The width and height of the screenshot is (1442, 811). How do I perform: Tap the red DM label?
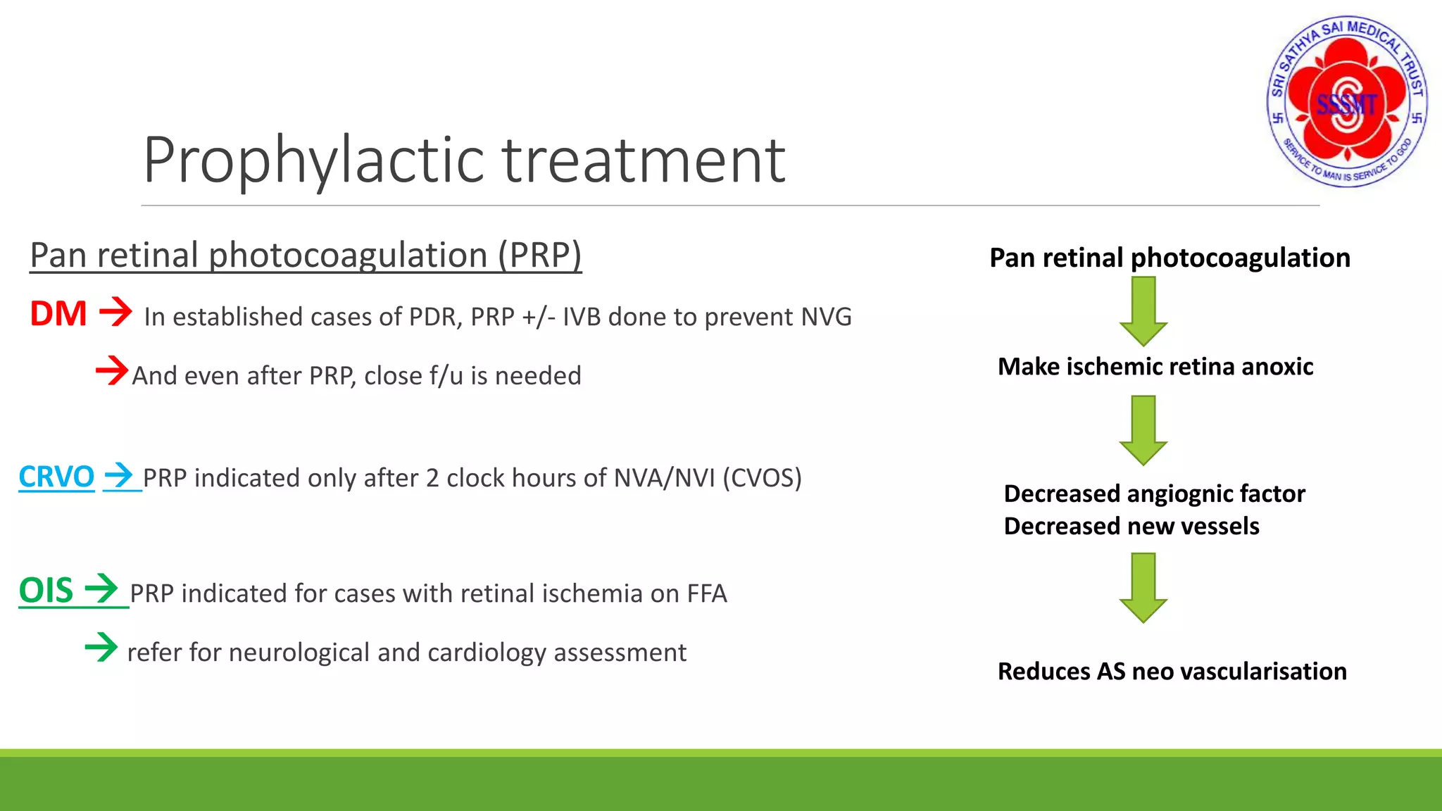pyautogui.click(x=58, y=314)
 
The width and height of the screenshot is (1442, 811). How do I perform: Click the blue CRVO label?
pyautogui.click(x=56, y=477)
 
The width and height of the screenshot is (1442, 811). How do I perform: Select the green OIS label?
pyautogui.click(x=46, y=590)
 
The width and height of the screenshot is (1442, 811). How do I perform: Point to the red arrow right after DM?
pyautogui.click(x=115, y=311)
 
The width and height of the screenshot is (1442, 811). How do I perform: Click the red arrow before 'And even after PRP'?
pyautogui.click(x=112, y=370)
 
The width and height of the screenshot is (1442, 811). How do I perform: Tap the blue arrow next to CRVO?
pyautogui.click(x=118, y=475)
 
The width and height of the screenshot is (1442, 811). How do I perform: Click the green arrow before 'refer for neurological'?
pyautogui.click(x=101, y=646)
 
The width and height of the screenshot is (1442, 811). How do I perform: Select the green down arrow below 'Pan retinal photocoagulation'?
pyautogui.click(x=1143, y=310)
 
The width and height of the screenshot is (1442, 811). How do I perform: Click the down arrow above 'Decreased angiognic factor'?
pyautogui.click(x=1143, y=429)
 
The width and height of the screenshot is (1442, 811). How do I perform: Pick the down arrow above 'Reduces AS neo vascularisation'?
pyautogui.click(x=1143, y=587)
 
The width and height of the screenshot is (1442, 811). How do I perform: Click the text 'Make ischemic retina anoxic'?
pyautogui.click(x=1155, y=367)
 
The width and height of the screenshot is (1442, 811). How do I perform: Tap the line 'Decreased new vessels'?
pyautogui.click(x=1131, y=527)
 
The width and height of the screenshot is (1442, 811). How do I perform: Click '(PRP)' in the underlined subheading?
pyautogui.click(x=540, y=256)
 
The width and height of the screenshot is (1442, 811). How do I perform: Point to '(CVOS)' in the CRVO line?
pyautogui.click(x=762, y=478)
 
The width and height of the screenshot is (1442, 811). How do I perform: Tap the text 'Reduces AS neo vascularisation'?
pyautogui.click(x=1172, y=672)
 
